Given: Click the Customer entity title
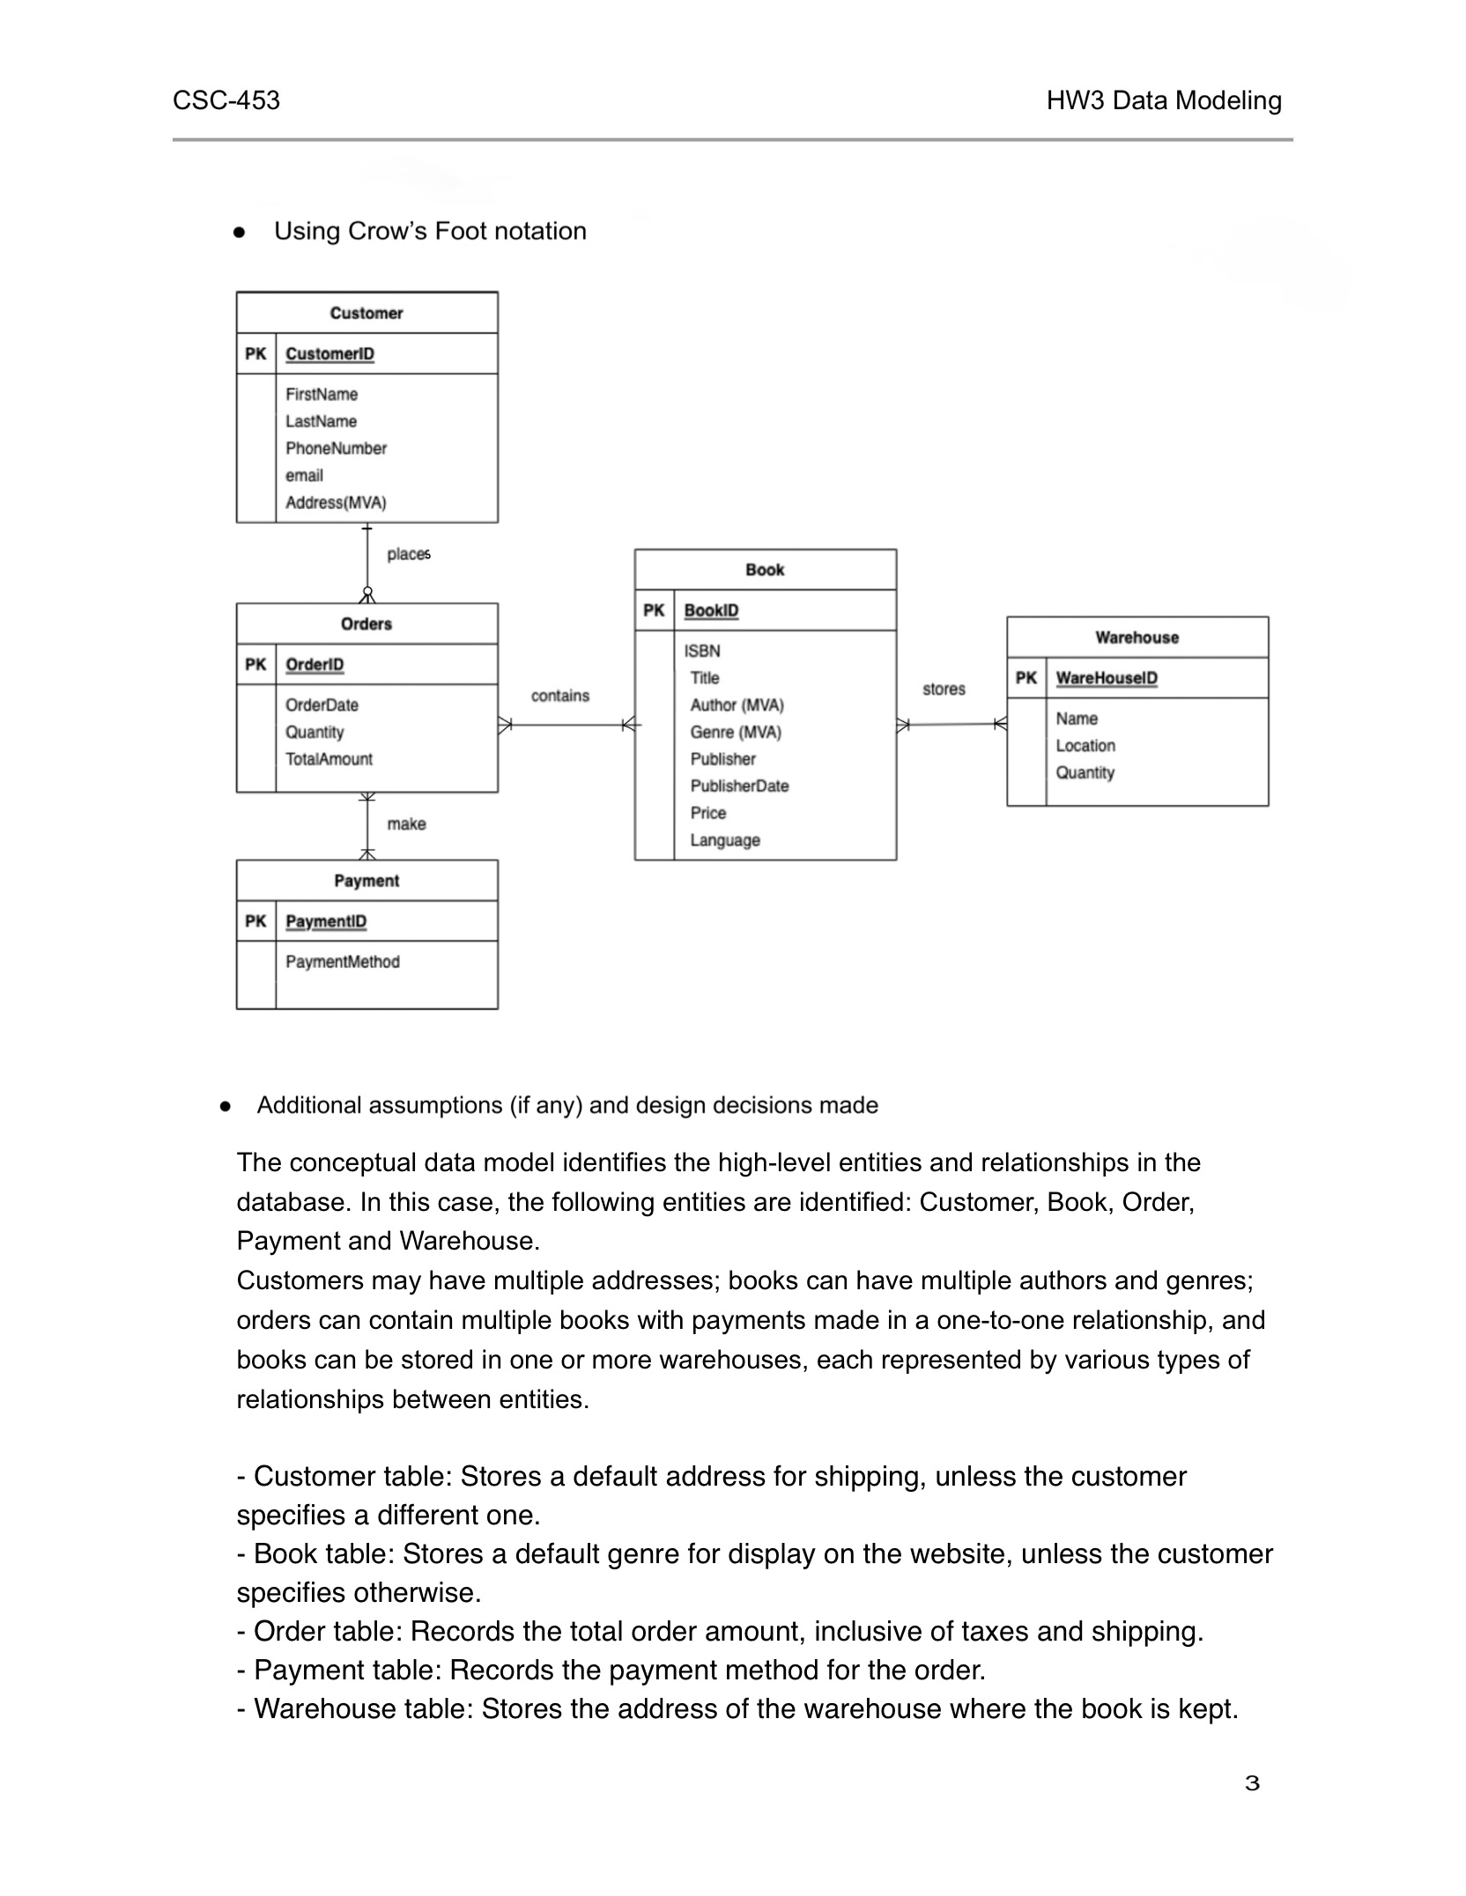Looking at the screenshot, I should tap(366, 313).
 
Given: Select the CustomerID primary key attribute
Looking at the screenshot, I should tap(329, 353).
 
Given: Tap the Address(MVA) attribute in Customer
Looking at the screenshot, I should tap(336, 502).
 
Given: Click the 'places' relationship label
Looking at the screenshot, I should tap(408, 554).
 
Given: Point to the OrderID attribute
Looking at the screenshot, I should tap(315, 664).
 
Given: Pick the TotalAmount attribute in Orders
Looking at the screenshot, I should tap(329, 758).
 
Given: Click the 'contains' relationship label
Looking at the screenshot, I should tap(559, 696).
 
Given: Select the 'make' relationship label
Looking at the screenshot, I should tap(406, 823).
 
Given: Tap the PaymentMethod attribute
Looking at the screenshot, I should tap(342, 961).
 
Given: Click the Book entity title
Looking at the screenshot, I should tap(764, 569).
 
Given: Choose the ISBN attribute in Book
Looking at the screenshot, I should tap(702, 651).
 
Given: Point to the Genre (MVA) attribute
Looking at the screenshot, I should tap(736, 732).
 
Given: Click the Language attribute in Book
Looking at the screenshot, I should tap(725, 839).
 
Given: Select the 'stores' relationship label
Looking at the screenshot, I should tap(944, 689).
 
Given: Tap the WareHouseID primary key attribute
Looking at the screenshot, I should tap(1107, 677).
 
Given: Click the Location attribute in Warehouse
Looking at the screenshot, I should tap(1085, 745).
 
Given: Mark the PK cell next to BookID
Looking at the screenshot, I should tap(654, 609).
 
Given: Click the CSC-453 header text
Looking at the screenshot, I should tap(226, 100).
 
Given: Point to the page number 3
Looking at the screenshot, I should tap(1252, 1783).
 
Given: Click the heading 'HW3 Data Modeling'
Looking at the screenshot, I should tap(1164, 100).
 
